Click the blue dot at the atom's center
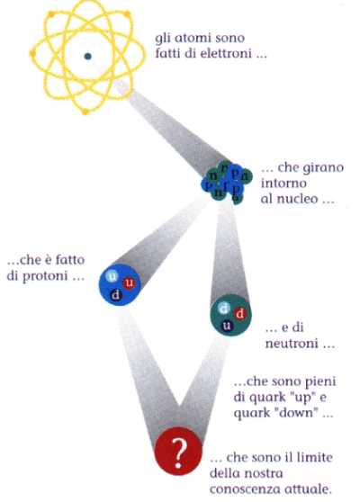pos(87,57)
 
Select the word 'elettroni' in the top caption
pos(226,53)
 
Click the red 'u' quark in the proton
pos(129,283)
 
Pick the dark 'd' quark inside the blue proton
pos(115,294)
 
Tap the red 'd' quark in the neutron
pos(240,313)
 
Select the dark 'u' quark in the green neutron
pos(227,326)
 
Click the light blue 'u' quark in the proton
pos(112,276)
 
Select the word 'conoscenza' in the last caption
pos(246,489)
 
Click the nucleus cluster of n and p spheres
pos(226,182)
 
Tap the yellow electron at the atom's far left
pos(32,54)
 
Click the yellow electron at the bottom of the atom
pos(85,112)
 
